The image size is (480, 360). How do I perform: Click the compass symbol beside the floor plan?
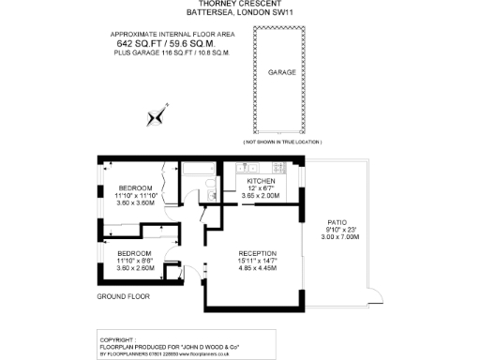coord(156,117)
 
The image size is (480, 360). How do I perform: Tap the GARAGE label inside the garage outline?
coord(282,71)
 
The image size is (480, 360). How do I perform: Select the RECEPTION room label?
coord(256,253)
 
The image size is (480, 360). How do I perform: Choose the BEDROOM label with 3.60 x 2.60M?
coord(133,253)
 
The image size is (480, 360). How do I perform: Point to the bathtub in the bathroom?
coord(198,170)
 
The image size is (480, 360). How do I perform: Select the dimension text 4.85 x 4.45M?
coord(256,269)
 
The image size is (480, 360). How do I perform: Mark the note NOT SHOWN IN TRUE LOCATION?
coord(281,142)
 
